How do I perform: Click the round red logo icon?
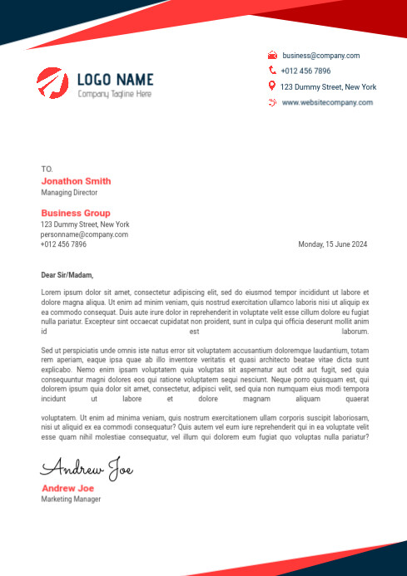tap(52, 83)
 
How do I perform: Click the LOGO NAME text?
tap(115, 80)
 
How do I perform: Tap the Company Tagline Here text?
tap(115, 95)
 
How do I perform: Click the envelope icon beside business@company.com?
tap(272, 56)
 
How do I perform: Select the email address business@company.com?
tap(320, 56)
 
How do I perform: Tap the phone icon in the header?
tap(272, 71)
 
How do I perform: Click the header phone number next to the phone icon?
tap(305, 71)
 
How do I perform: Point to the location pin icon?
tap(272, 86)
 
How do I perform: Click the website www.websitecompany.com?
tap(327, 102)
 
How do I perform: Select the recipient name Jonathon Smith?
tap(76, 181)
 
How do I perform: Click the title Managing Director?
tap(69, 193)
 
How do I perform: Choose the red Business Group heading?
tap(75, 214)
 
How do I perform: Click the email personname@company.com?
tap(84, 234)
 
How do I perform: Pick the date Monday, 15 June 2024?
tap(332, 244)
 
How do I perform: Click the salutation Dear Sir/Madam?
tap(67, 275)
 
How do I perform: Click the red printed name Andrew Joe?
tap(67, 488)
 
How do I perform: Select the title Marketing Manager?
tap(71, 500)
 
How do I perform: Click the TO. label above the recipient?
tap(47, 169)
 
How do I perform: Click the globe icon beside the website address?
tap(272, 102)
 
